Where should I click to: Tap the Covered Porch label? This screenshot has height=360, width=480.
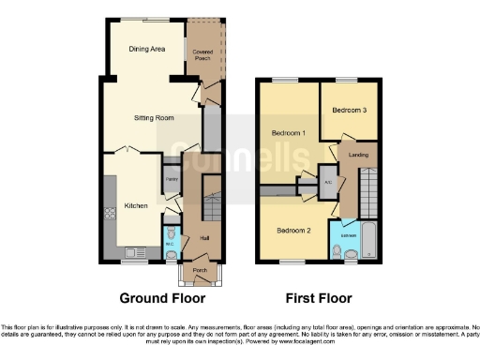coord(202,54)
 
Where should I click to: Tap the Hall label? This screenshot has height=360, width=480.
coord(204,238)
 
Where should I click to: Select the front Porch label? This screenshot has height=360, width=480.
coord(199,271)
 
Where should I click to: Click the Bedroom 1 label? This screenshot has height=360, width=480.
coord(290,133)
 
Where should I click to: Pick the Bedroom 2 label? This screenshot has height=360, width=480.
coord(292,230)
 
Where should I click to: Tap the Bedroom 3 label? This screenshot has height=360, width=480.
coord(347,110)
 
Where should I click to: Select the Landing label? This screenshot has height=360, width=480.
coord(357,154)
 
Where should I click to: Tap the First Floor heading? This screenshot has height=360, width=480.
coord(318,298)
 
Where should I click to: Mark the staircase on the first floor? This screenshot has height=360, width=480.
coord(368,192)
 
